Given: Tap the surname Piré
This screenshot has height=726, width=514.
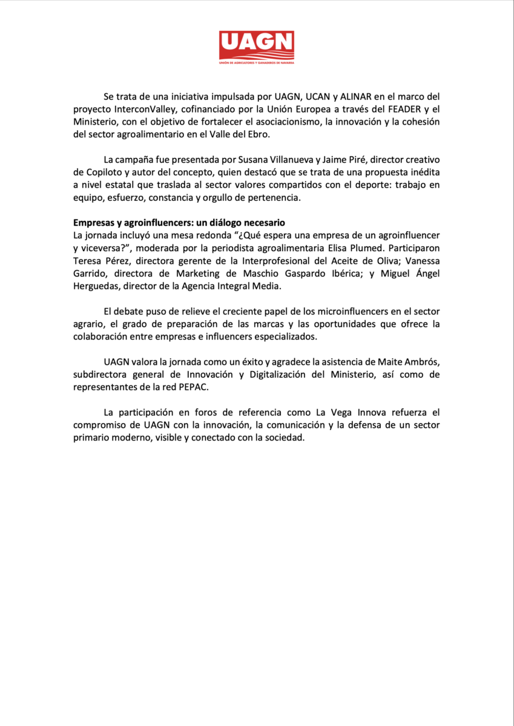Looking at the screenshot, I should [320, 160].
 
